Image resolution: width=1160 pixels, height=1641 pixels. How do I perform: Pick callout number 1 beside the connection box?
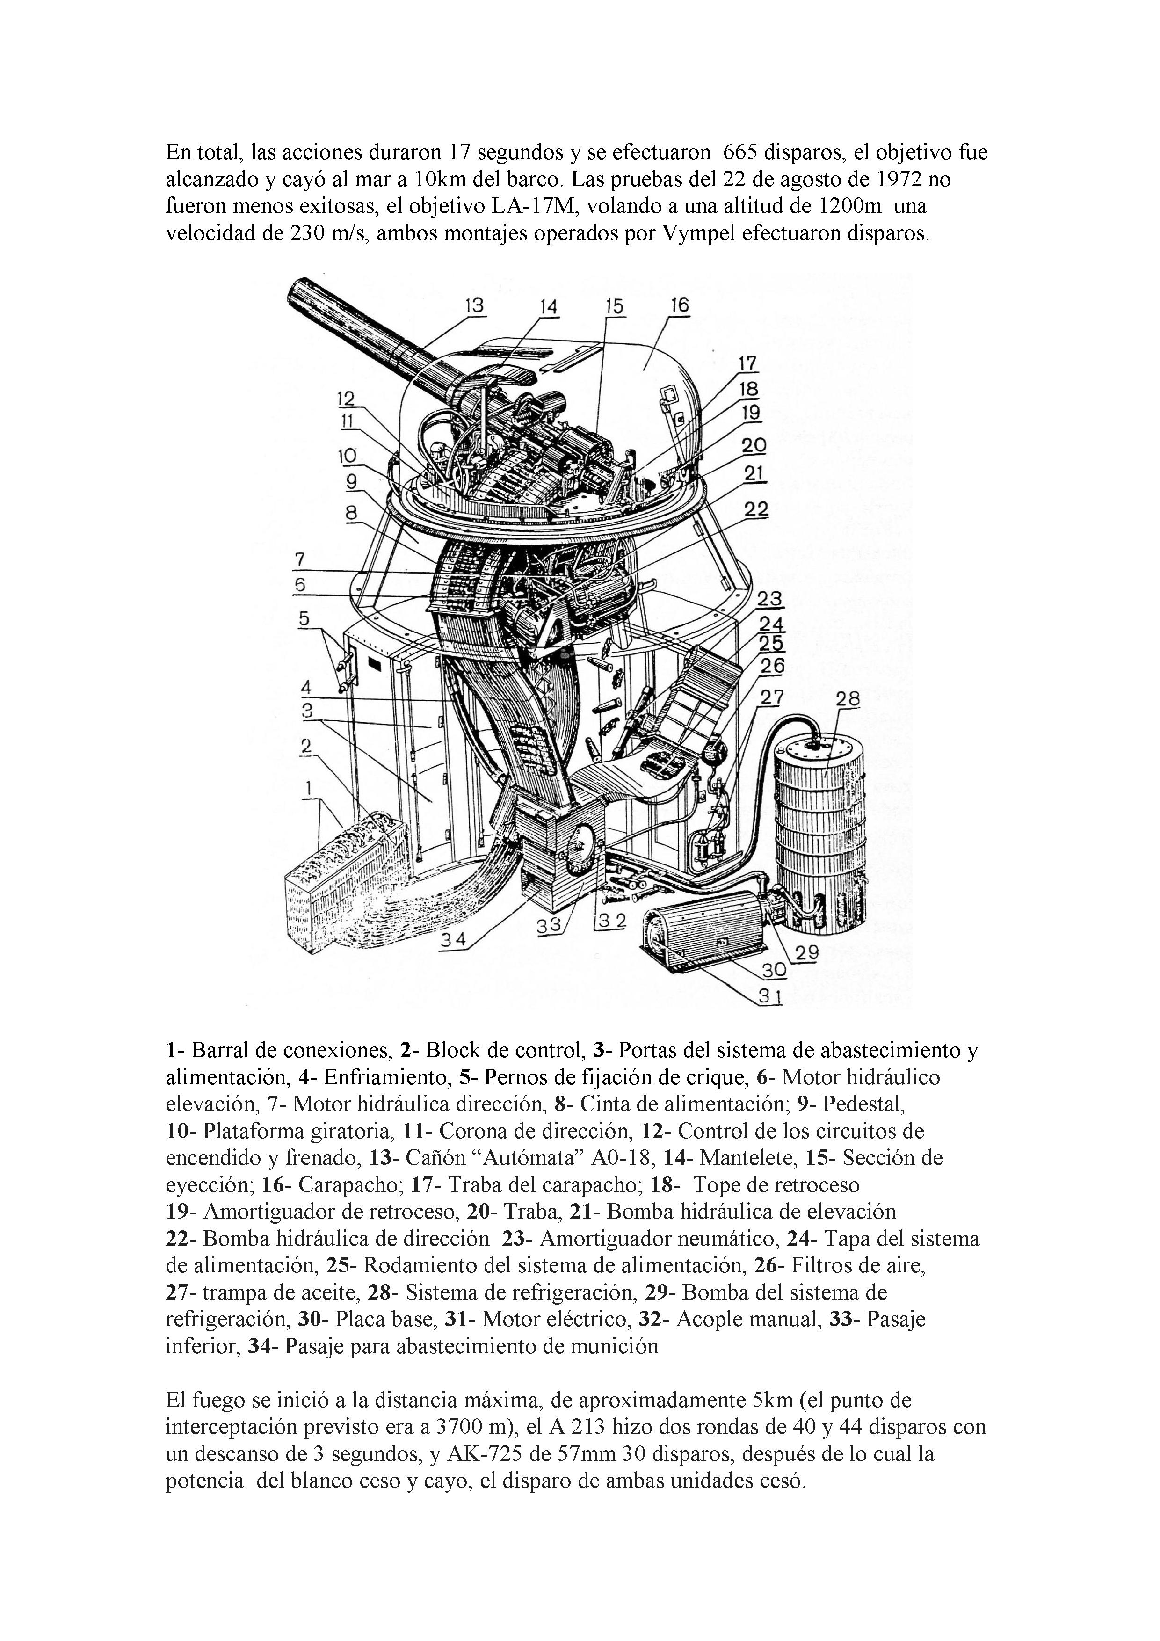[309, 788]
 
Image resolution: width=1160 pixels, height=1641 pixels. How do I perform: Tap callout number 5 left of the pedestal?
[304, 618]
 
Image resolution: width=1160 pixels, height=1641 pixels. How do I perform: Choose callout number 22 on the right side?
[756, 509]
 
